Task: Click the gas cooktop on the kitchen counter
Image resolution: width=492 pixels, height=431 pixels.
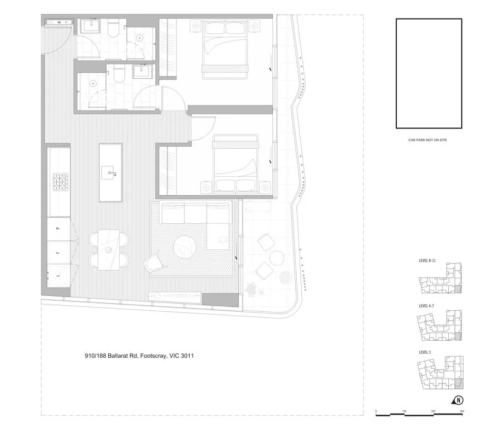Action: click(59, 180)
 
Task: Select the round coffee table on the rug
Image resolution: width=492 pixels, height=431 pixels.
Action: click(186, 247)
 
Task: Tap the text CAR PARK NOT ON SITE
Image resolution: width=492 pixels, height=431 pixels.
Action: click(428, 141)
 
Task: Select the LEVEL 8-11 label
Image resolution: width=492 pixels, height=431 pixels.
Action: click(427, 261)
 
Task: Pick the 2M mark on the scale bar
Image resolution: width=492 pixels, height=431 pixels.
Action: click(432, 411)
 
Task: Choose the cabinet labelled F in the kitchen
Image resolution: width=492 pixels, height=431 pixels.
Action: click(58, 253)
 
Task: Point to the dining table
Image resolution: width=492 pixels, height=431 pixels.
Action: click(109, 250)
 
